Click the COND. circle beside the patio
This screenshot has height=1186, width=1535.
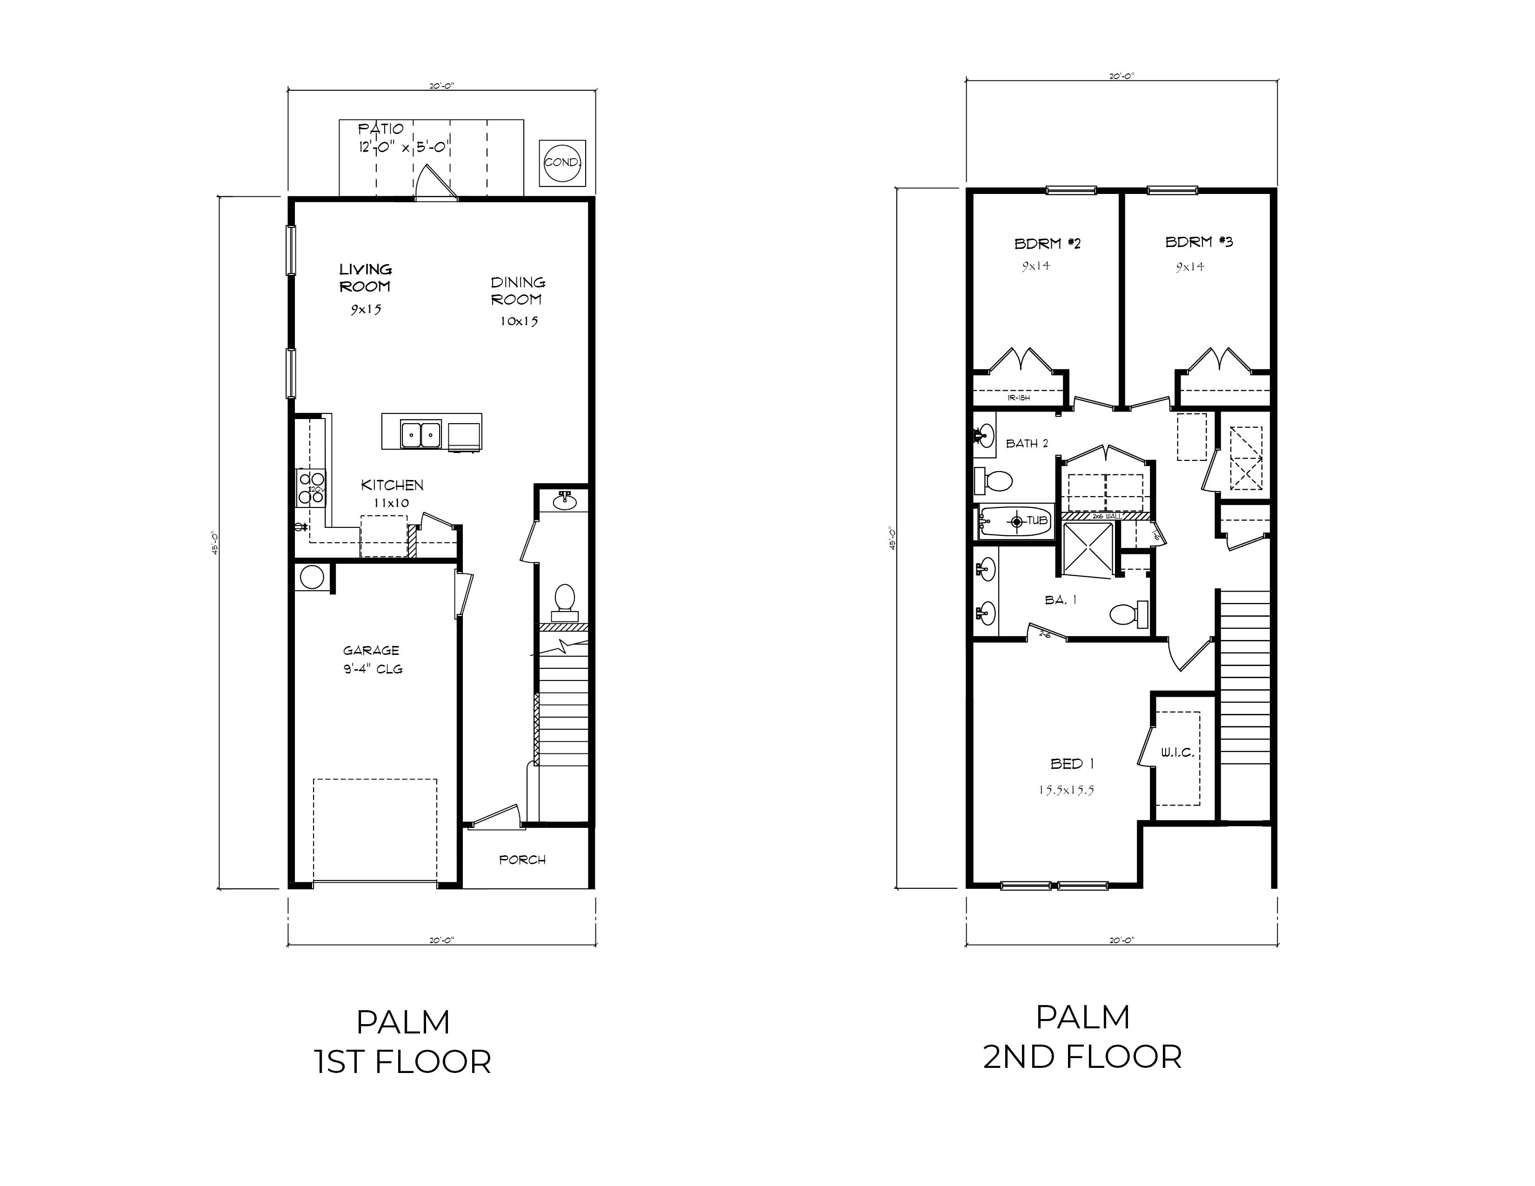562,162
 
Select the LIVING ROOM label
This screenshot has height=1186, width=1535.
366,278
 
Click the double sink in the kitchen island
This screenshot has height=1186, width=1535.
420,435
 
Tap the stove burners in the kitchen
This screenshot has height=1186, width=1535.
311,487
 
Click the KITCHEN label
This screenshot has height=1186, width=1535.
392,485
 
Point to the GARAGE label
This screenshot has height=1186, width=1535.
371,651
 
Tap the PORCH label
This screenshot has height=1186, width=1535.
522,860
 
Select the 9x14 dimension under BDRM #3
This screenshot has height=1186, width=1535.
1190,267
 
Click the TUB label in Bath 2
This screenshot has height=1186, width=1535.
1037,520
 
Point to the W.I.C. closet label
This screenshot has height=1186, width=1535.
1176,753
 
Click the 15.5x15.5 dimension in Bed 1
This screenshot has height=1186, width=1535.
1066,790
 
